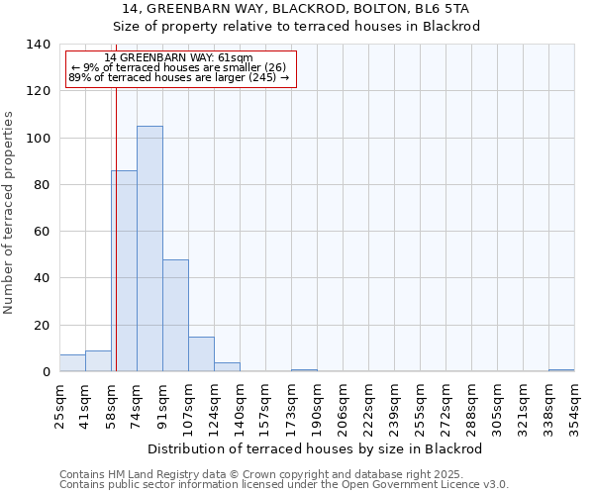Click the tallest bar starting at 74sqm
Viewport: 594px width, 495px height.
coord(149,248)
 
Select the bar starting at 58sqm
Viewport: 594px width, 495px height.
coord(124,270)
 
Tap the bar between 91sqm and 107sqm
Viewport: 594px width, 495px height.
coord(175,315)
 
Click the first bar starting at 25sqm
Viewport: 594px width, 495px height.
coord(72,363)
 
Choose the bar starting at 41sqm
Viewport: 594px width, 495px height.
coord(98,361)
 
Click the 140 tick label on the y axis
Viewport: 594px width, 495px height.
coord(39,45)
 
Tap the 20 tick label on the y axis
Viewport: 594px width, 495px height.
coord(43,326)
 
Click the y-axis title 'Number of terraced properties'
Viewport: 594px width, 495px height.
coord(9,213)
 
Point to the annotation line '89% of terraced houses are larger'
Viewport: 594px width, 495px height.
coord(178,77)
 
